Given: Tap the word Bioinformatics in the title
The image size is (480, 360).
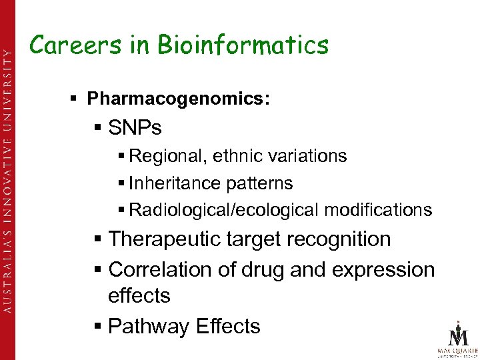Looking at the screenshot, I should (x=243, y=45).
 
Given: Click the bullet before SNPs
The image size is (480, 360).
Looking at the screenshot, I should (x=97, y=127).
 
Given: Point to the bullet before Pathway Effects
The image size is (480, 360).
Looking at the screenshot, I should (x=99, y=326).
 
